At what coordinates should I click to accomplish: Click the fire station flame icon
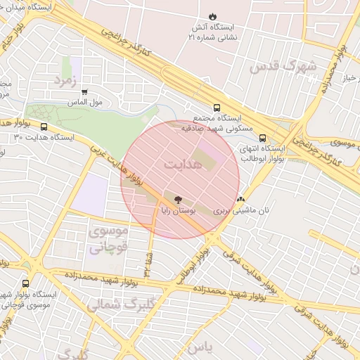pos(212,16)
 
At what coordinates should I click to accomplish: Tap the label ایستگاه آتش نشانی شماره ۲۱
pos(212,32)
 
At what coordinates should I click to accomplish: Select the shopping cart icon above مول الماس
pos(85,91)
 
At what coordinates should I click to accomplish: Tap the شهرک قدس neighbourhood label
pos(283,66)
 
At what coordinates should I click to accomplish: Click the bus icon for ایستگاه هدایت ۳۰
pos(44,127)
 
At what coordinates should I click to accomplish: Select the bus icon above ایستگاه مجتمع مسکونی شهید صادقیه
pos(217,109)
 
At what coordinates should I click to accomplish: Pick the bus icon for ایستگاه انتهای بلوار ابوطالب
pos(262,139)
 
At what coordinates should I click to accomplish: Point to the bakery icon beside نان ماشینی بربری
pos(241,199)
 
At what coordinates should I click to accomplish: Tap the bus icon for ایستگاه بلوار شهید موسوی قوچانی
pos(25,283)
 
